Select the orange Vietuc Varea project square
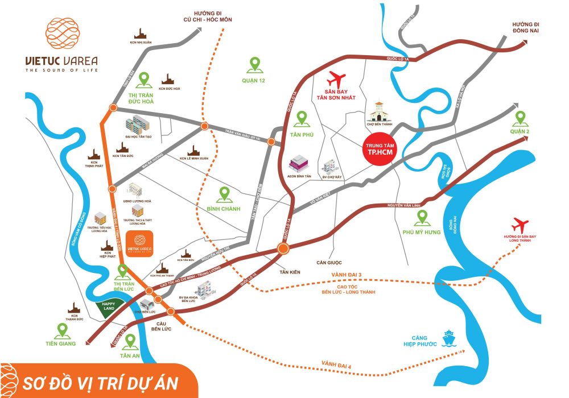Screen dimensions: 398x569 [x=139, y=244]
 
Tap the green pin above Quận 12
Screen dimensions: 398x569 [x=254, y=64]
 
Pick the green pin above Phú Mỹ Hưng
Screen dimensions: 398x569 [x=422, y=217]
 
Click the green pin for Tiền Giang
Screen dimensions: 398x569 [x=61, y=329]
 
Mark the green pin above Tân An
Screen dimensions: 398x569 [x=130, y=341]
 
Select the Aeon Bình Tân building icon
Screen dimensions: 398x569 [x=298, y=164]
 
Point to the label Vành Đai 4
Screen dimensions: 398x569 [x=337, y=363]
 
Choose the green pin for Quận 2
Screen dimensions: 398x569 [x=519, y=119]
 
